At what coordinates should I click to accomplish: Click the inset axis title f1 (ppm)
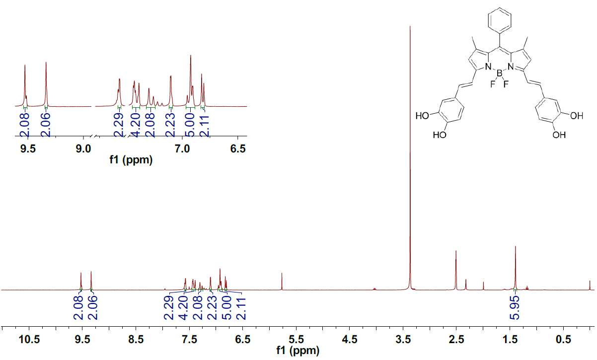point(131,160)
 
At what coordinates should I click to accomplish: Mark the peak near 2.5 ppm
point(456,252)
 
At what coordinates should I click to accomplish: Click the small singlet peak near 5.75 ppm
point(282,274)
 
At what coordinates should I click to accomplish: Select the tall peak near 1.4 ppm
point(516,247)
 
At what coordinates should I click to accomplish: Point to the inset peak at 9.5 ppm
point(25,66)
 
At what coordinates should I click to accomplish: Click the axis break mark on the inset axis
point(93,137)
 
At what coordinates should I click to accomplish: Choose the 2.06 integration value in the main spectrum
point(93,309)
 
